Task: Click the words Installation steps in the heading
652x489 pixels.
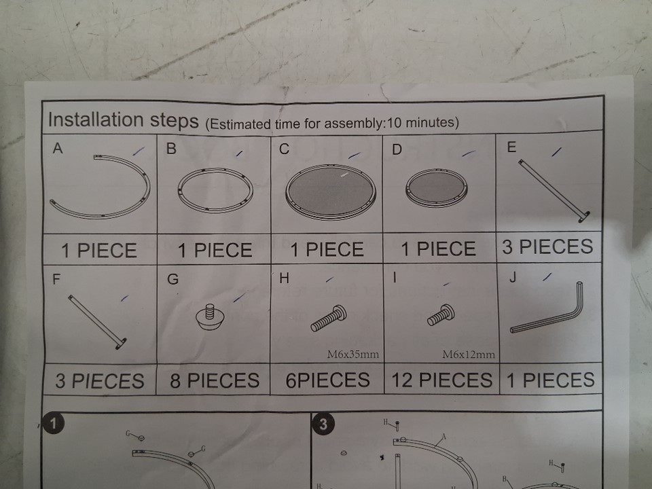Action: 124,120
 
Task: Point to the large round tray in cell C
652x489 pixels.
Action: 331,192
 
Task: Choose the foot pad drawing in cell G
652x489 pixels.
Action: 210,317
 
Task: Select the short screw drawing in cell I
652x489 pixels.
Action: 441,315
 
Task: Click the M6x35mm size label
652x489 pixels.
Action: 353,355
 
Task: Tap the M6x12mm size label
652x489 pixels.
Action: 469,355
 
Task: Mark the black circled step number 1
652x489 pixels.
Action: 53,423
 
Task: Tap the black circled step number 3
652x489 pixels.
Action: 323,424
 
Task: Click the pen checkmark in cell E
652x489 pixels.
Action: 557,152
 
